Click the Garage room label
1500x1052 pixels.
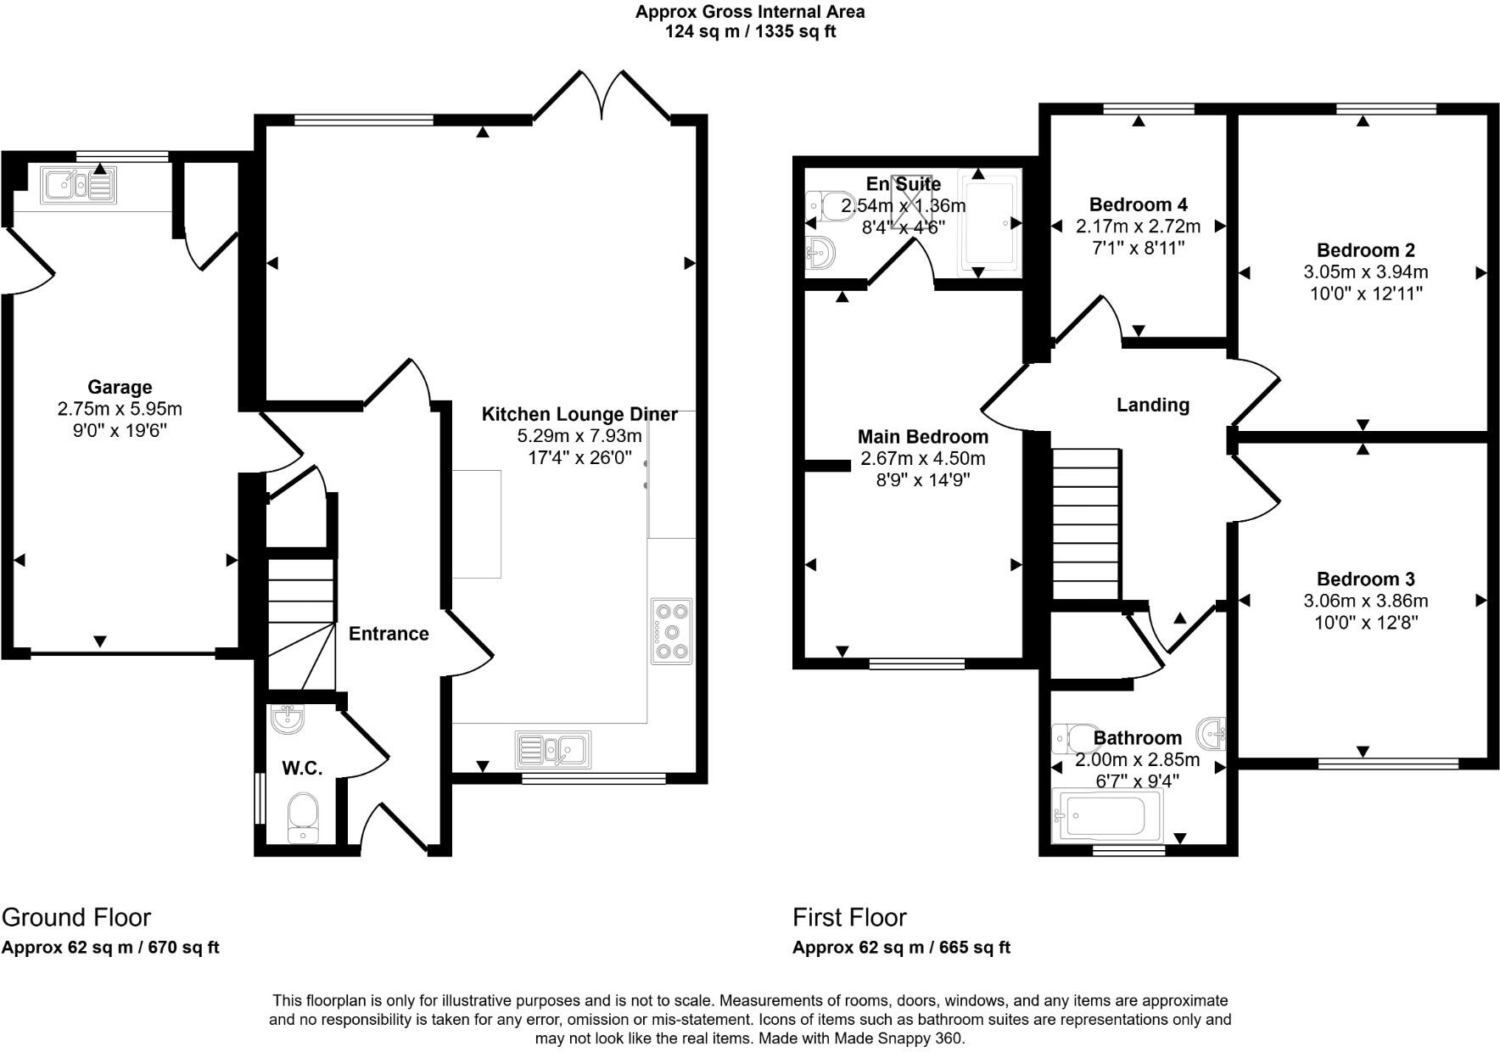[120, 388]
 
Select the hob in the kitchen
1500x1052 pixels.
[672, 630]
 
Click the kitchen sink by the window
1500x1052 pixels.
[553, 749]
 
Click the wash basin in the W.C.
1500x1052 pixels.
[288, 719]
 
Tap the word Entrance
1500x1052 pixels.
[389, 634]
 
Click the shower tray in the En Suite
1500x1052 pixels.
[989, 222]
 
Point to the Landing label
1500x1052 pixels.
[1152, 405]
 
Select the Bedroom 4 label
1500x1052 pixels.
[1138, 204]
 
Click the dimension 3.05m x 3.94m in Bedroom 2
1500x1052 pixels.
[1365, 272]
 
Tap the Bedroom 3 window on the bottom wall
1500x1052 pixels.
[1388, 764]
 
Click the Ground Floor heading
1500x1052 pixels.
[76, 917]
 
